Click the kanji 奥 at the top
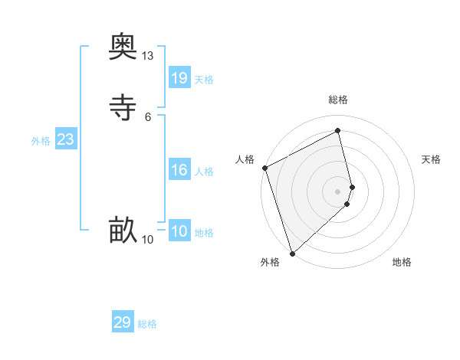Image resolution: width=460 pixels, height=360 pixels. (123, 48)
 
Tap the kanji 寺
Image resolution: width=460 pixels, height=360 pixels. (123, 107)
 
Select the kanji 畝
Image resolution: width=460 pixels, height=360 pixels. (123, 230)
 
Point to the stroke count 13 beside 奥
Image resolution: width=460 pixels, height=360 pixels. (147, 56)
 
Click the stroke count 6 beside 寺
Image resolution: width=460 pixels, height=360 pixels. (147, 116)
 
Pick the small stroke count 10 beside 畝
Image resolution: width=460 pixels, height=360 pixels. (147, 240)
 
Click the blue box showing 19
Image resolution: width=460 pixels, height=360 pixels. (179, 77)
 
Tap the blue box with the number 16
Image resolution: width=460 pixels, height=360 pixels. (179, 170)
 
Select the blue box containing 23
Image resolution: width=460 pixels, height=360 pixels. (65, 139)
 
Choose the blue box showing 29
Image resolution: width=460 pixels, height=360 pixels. (123, 322)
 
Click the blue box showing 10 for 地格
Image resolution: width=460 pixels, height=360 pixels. (179, 231)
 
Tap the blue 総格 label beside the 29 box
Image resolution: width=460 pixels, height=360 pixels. (147, 324)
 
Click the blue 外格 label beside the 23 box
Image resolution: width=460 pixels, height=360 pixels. (41, 141)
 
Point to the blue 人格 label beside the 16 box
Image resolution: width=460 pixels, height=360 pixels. (205, 172)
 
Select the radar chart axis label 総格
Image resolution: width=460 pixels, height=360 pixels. (338, 100)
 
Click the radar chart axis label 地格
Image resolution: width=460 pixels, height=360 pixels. (402, 262)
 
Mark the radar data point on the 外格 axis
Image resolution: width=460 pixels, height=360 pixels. (291, 254)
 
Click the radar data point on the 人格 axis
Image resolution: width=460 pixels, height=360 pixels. (264, 168)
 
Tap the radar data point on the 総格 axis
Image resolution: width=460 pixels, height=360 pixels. (338, 131)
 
